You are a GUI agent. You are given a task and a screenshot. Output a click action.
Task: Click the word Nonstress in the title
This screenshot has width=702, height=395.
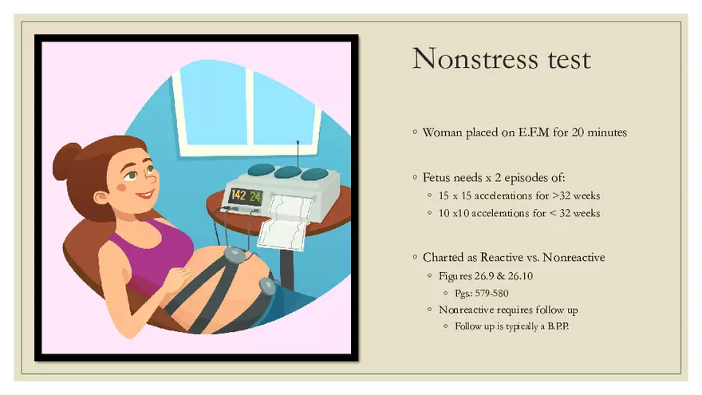coord(475,59)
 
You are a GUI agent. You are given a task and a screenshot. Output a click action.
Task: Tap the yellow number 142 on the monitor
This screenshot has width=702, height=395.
coord(239,195)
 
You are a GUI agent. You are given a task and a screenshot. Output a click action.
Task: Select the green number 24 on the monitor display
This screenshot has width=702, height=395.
coord(254,196)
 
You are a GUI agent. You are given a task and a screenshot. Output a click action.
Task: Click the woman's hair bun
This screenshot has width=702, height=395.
coord(66,161)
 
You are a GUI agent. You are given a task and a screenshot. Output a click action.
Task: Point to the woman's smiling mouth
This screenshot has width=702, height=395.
coord(145,196)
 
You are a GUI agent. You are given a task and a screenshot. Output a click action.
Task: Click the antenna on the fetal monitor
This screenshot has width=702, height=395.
coord(298,155)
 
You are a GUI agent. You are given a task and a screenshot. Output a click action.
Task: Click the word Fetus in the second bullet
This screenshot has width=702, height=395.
coord(436,178)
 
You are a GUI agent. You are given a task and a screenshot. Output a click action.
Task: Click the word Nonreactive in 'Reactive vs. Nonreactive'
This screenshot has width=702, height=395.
coord(574,258)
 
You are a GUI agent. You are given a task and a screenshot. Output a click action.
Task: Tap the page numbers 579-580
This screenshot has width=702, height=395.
coord(491,294)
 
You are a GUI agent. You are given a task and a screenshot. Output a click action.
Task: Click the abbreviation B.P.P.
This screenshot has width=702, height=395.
coord(558,326)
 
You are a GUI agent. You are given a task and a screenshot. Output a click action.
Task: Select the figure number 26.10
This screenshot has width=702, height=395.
coord(520,276)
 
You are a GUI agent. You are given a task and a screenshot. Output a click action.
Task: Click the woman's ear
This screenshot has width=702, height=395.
coord(101,198)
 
